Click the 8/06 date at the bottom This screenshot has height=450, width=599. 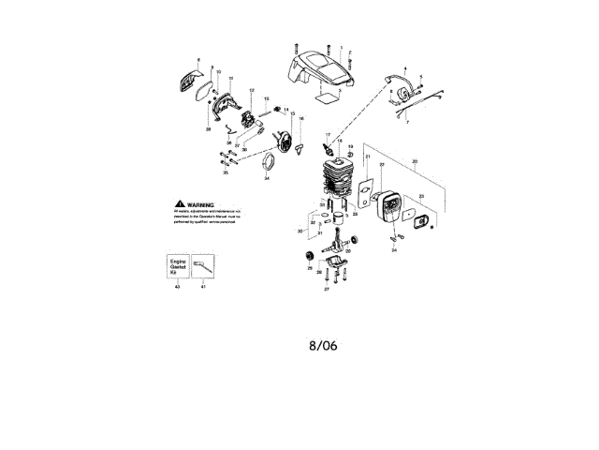pos(323,345)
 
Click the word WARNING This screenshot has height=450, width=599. pos(201,203)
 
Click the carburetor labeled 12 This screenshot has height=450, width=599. pos(249,120)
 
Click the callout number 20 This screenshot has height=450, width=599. pos(415,162)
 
